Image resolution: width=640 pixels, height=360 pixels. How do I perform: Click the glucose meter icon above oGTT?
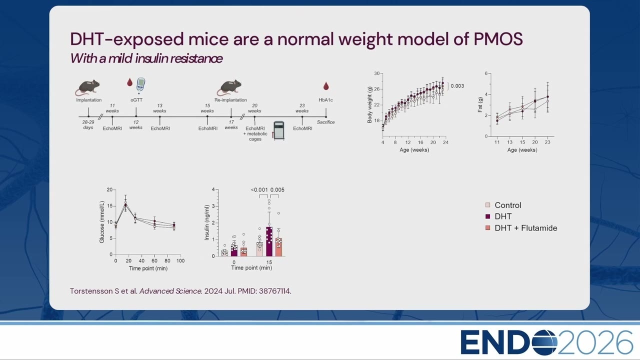(140, 85)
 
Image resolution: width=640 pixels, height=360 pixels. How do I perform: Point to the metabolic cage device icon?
(279, 130)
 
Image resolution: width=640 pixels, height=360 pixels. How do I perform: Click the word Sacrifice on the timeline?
(325, 122)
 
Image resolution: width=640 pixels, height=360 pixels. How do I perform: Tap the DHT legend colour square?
(487, 216)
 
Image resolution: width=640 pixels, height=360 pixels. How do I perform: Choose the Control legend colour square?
(487, 205)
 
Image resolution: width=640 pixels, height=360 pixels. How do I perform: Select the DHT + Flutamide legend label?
(525, 228)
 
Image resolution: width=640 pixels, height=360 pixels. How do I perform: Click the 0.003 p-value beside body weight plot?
(457, 86)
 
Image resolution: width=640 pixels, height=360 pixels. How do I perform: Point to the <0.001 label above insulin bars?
(259, 190)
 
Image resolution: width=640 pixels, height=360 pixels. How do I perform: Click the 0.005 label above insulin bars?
(277, 190)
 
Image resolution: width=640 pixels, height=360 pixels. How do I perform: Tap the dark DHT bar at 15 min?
(269, 241)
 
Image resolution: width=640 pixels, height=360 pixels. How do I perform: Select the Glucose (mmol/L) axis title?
(101, 222)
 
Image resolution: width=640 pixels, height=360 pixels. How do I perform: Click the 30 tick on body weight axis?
(377, 73)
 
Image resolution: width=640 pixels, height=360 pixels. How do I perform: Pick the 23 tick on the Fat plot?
(547, 142)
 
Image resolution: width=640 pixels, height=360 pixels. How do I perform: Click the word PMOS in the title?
(498, 39)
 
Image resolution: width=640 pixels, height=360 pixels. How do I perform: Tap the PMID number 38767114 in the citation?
(274, 291)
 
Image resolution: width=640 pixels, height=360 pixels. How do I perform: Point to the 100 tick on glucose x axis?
(180, 261)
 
